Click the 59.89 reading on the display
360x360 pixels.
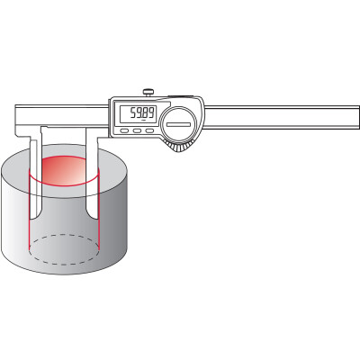tap(142, 113)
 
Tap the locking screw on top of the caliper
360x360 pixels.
tap(148, 93)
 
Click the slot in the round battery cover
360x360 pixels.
tap(179, 124)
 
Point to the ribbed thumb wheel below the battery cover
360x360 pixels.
tap(178, 147)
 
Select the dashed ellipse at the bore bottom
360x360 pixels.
tap(64, 249)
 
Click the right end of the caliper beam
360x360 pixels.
tap(359, 117)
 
